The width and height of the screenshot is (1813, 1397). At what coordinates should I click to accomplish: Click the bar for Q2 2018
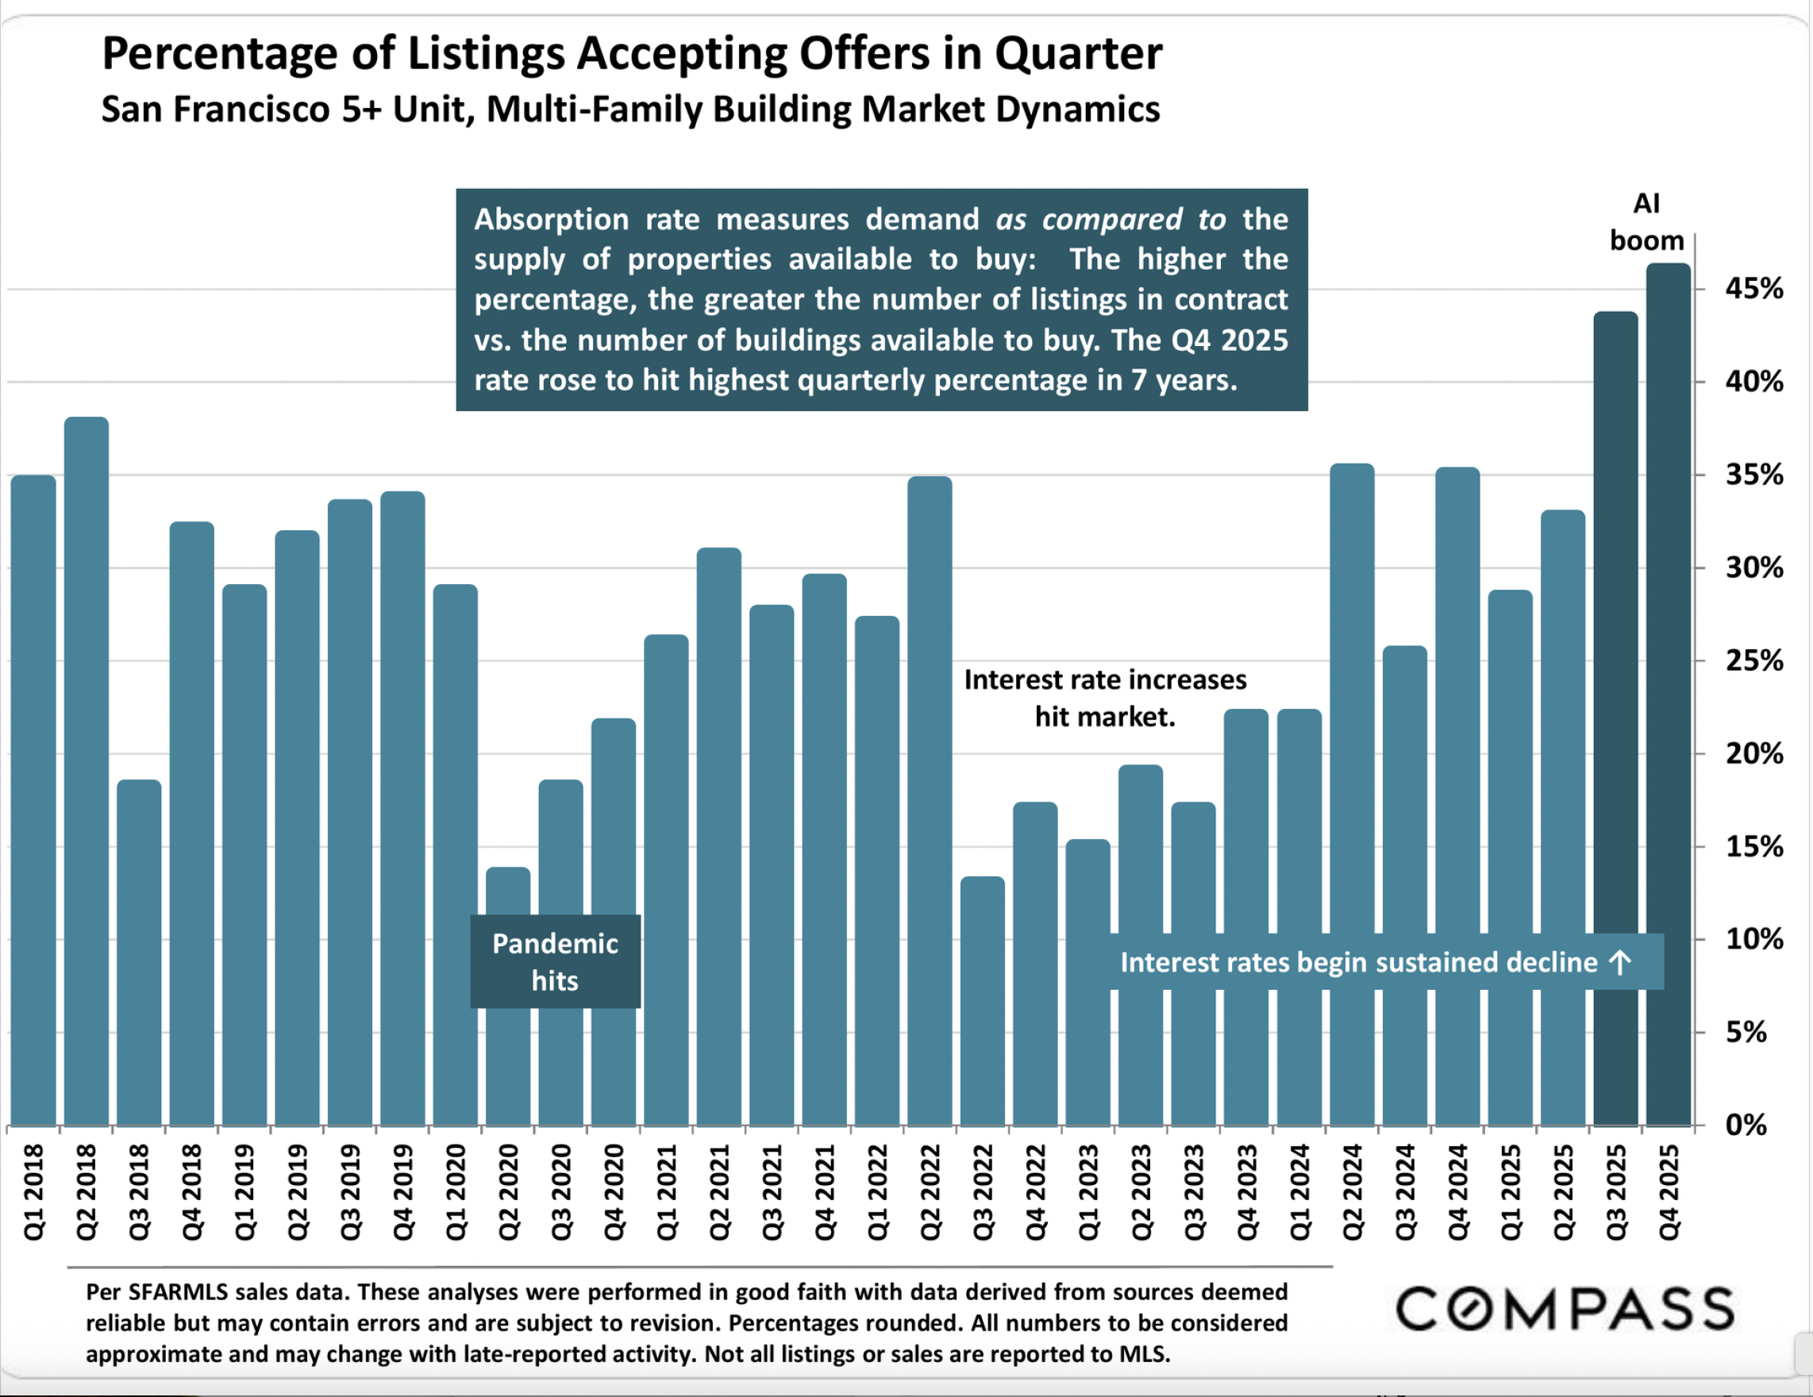[x=87, y=772]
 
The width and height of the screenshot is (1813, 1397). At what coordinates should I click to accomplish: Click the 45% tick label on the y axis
[x=1754, y=289]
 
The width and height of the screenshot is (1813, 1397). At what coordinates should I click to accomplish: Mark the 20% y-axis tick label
[x=1754, y=754]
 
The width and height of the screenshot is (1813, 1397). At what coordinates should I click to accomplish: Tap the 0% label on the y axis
[x=1746, y=1125]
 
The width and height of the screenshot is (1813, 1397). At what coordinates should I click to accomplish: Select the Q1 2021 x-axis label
[x=667, y=1192]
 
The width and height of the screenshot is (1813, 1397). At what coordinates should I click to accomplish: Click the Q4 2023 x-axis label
[x=1246, y=1192]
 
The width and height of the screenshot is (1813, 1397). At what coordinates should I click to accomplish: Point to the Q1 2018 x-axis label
[x=33, y=1192]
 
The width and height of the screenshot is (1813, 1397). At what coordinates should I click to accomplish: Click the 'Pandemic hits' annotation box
[x=555, y=962]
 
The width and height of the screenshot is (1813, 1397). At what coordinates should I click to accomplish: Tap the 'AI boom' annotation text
[x=1646, y=221]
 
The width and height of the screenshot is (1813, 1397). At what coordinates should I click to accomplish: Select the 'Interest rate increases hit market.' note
[x=1105, y=698]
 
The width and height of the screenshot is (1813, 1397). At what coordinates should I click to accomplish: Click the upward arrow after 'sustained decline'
[x=1619, y=963]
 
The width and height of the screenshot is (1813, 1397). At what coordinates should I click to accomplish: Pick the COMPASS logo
[x=1564, y=1309]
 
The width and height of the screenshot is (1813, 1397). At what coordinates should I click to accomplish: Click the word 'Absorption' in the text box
[x=551, y=220]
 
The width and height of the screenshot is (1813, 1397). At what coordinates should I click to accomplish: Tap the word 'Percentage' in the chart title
[x=218, y=54]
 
